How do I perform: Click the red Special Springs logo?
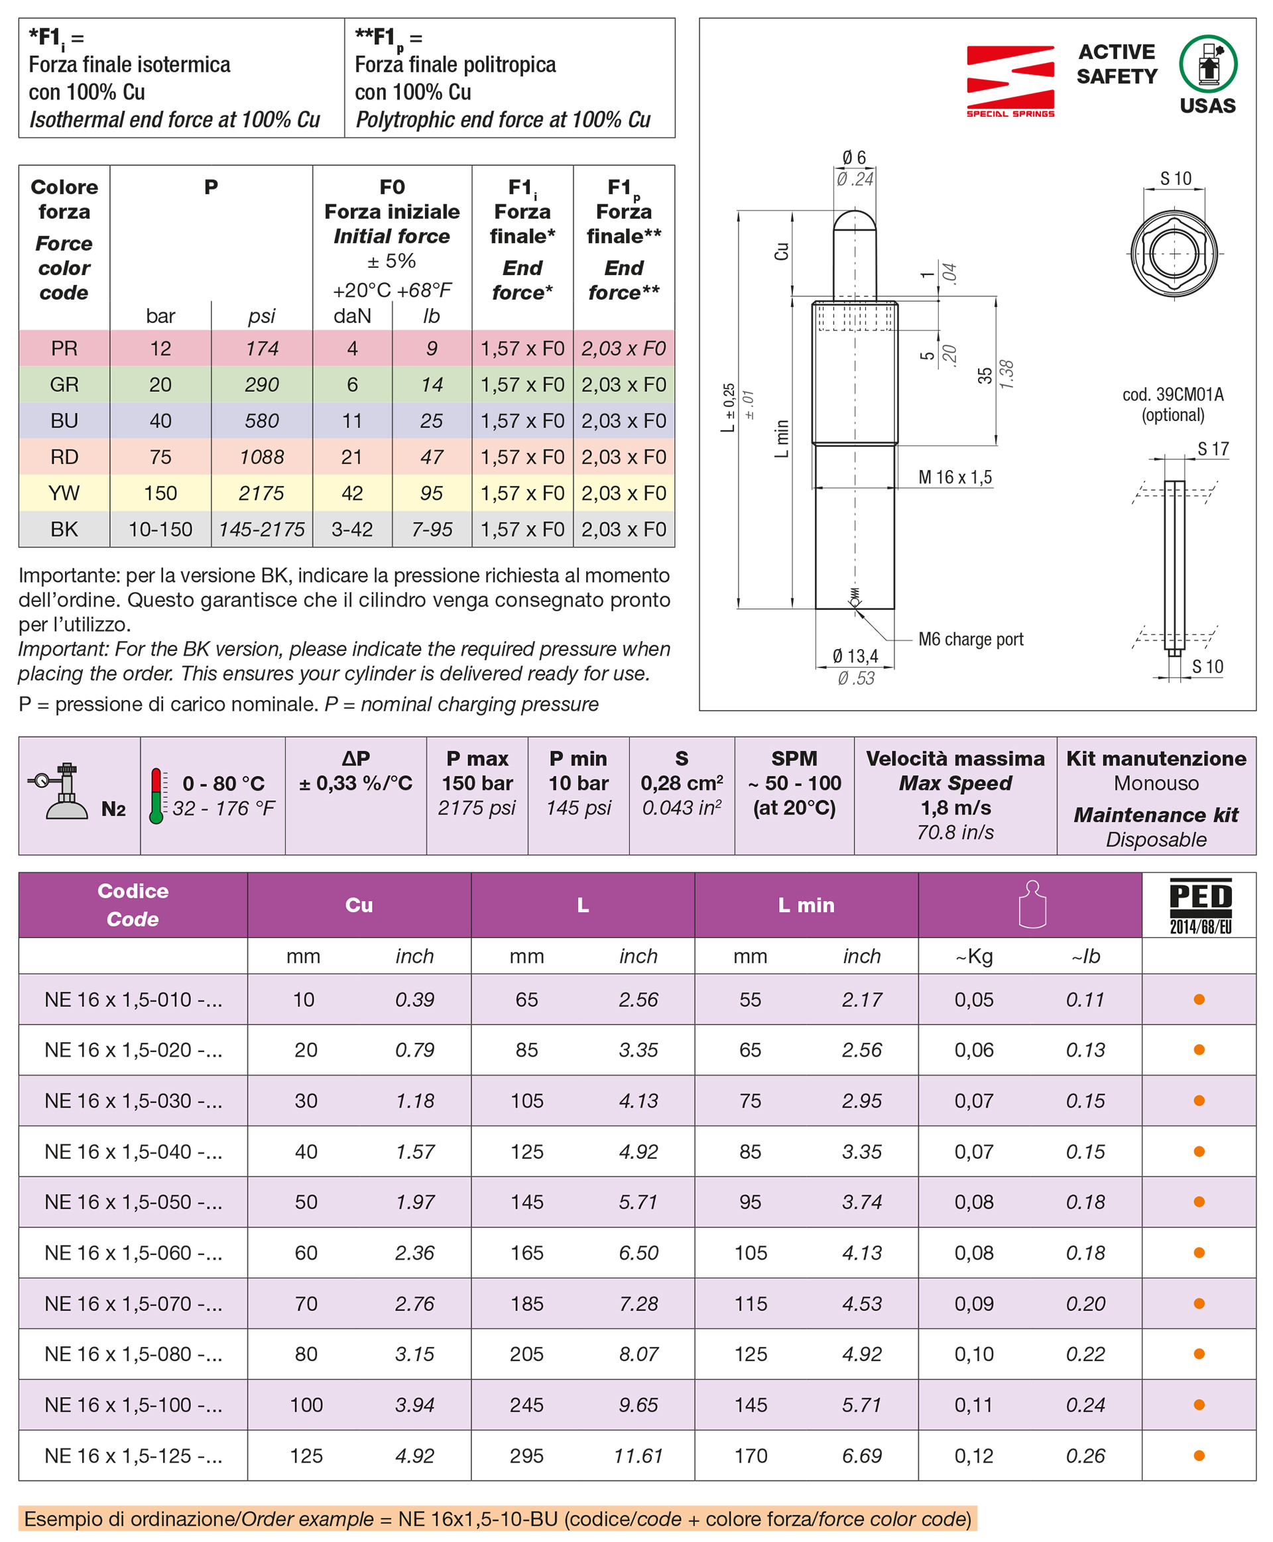[x=1010, y=81]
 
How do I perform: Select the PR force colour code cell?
[x=64, y=348]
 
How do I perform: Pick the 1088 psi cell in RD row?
[x=262, y=457]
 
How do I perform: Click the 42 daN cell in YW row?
[x=352, y=493]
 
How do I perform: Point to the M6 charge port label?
[x=970, y=639]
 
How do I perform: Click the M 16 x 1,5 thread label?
[x=955, y=477]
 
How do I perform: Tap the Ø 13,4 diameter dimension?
[x=855, y=656]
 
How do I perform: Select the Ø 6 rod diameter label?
[x=853, y=158]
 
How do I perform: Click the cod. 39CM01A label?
[x=1172, y=395]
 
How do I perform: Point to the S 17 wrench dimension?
[x=1213, y=449]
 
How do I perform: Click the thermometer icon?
[x=156, y=796]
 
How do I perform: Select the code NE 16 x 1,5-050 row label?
[x=133, y=1202]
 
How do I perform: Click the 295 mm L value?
[x=526, y=1455]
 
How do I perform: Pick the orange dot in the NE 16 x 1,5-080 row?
[x=1199, y=1354]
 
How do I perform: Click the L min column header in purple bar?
[x=806, y=905]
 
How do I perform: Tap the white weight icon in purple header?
[x=1032, y=904]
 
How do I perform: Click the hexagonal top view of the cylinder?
[x=1174, y=254]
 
